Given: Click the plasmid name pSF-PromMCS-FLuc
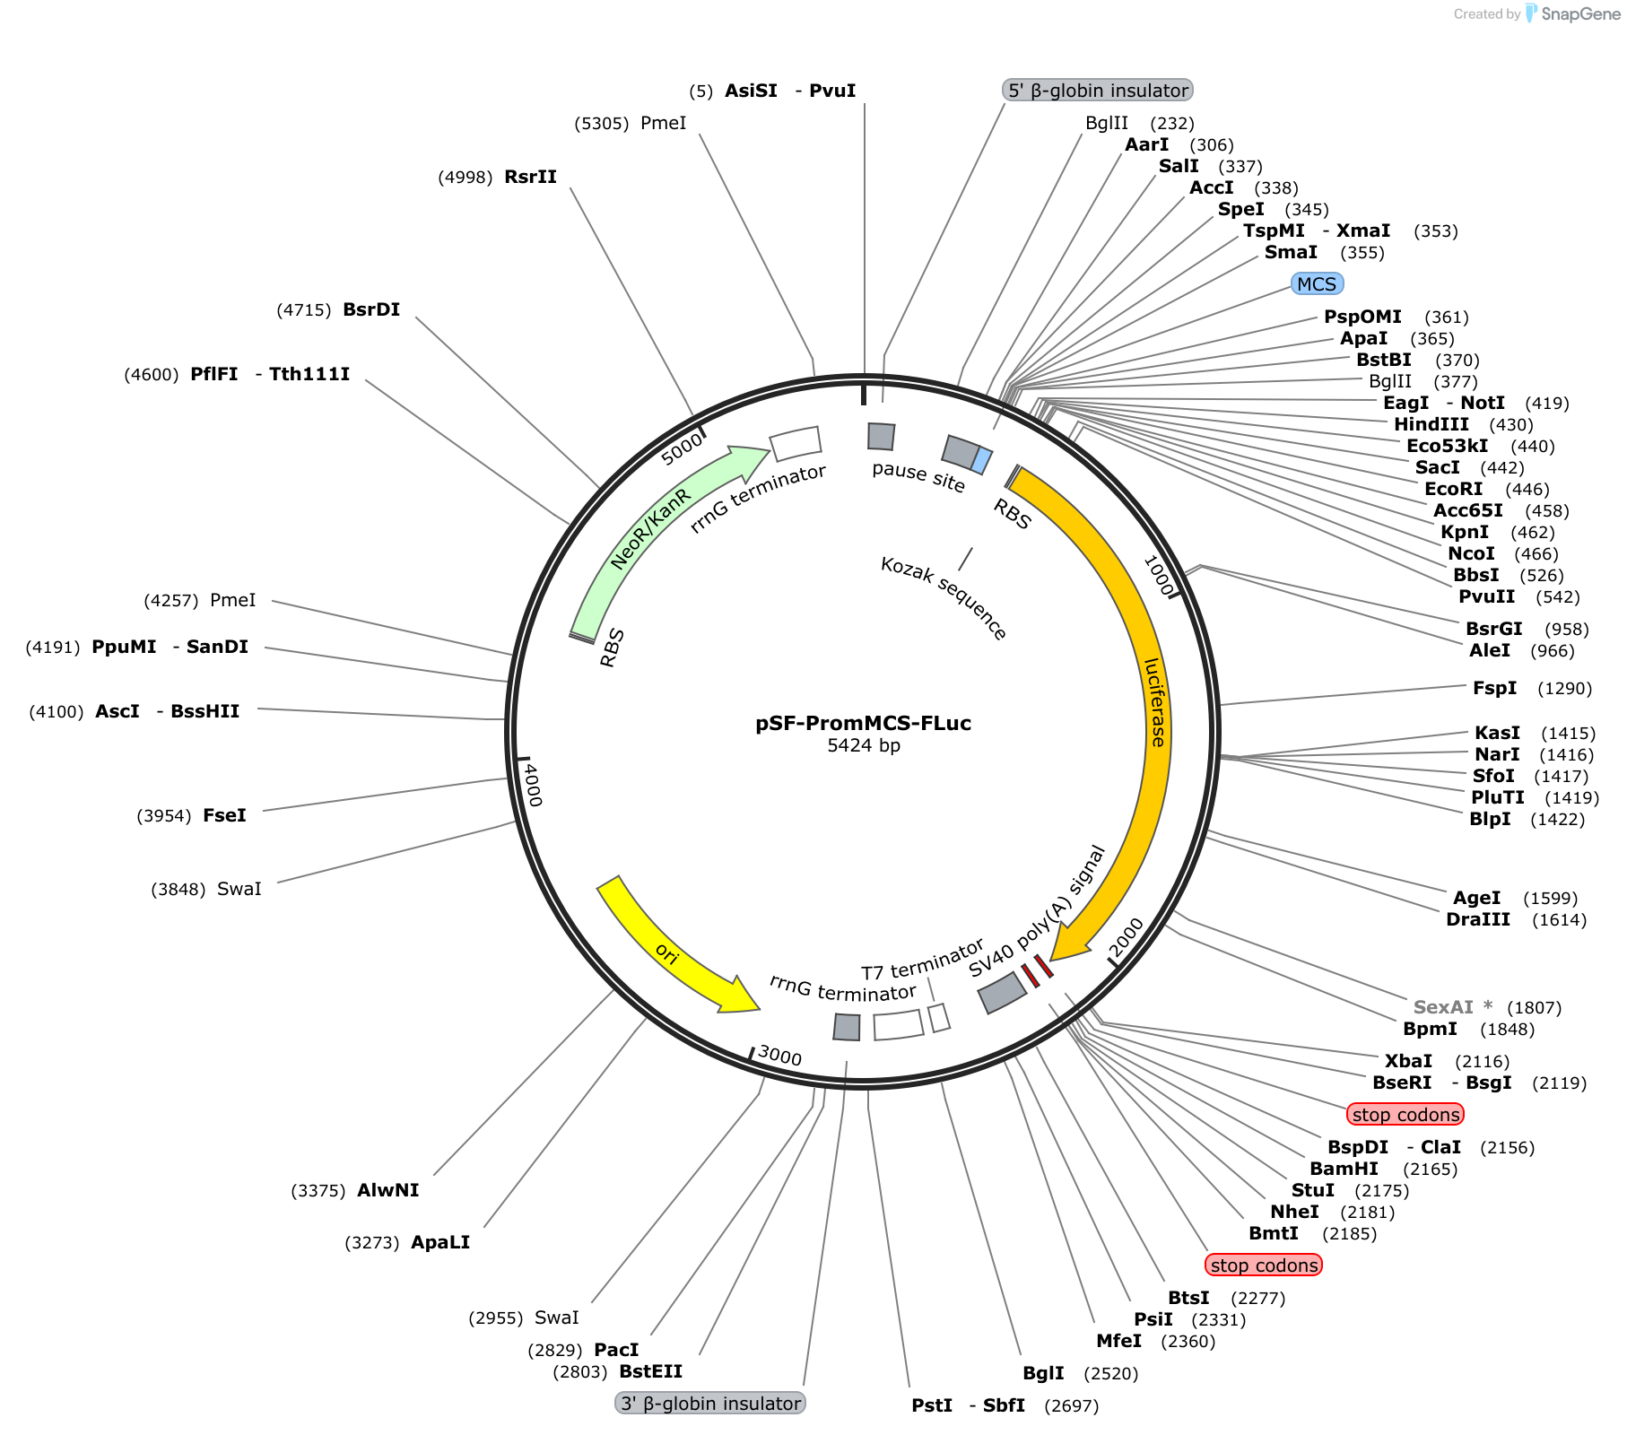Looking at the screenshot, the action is (863, 723).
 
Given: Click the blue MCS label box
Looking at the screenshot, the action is (1317, 284).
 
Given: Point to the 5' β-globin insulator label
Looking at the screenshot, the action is (1098, 91).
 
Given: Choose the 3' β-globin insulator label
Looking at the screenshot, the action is (710, 1404).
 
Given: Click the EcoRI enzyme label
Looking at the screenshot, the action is (1453, 489).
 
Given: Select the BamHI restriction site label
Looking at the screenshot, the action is (1344, 1169).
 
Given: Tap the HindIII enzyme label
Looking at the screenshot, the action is (1431, 424).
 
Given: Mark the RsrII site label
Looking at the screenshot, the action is (530, 177).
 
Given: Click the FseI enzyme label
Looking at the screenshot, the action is (224, 815).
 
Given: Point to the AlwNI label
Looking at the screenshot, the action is (387, 1190).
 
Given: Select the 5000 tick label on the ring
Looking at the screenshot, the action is (683, 448).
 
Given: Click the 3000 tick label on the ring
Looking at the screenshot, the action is (779, 1056).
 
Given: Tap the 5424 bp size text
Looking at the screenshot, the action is (864, 745).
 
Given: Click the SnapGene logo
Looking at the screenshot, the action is (1573, 13).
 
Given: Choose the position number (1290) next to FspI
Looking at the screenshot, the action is (1564, 689).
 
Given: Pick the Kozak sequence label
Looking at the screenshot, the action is (944, 598).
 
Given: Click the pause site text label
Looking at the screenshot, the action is (918, 477).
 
